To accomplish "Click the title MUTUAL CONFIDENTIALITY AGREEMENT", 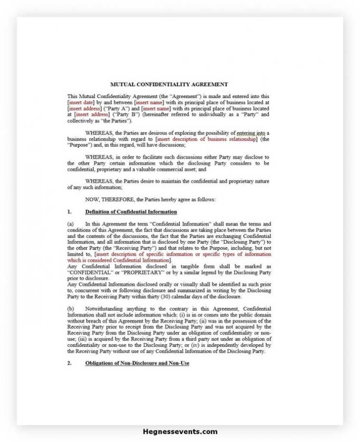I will [x=169, y=85].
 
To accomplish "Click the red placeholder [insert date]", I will [x=81, y=102].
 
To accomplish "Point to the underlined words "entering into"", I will [x=252, y=133].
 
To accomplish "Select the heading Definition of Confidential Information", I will [x=131, y=212].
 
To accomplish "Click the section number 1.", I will [x=69, y=212].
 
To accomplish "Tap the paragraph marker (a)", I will [x=71, y=224].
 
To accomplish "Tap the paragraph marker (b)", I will [x=71, y=309].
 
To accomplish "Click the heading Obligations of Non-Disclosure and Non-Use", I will [x=137, y=363].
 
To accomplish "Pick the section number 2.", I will [x=69, y=363].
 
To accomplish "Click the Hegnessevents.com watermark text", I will [x=180, y=432].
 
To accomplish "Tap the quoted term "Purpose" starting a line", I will [x=81, y=145].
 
